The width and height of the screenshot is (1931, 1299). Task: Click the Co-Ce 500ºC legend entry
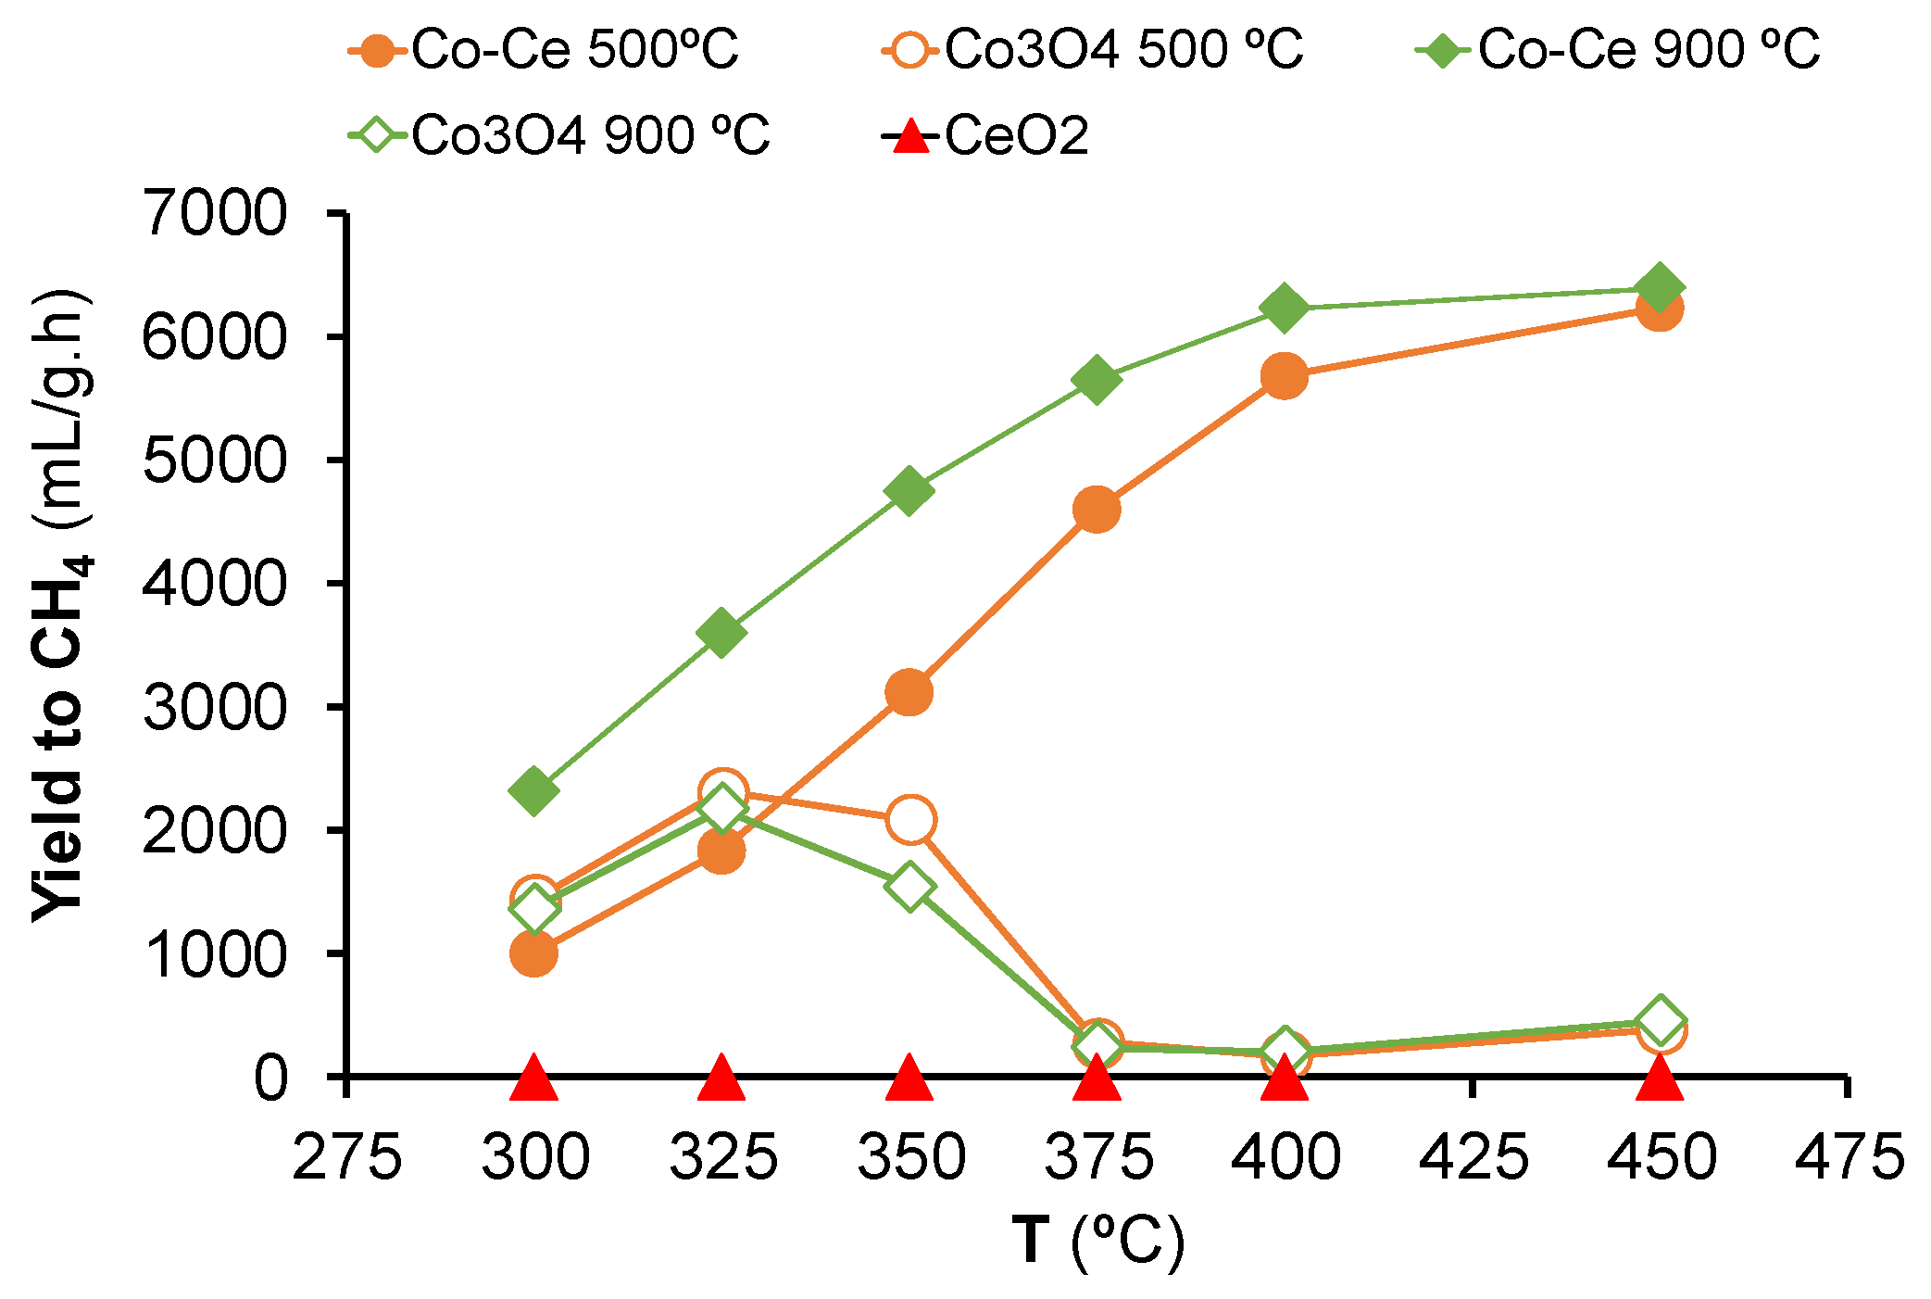pos(546,49)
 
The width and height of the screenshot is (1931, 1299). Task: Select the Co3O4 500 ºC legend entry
pos(1093,49)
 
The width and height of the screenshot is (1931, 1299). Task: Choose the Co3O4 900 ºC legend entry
pos(560,135)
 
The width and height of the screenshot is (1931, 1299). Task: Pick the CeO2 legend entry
pos(986,135)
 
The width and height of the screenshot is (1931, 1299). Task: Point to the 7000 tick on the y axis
pos(215,214)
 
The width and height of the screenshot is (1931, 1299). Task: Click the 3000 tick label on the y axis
pos(215,707)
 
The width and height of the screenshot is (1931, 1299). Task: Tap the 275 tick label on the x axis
pos(346,1157)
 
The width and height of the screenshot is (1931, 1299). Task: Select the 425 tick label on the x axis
pos(1473,1157)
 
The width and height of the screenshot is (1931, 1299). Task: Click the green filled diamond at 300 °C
pos(533,790)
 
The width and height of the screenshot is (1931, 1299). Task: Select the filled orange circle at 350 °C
pos(909,692)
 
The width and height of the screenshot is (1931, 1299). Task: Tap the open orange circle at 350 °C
pos(909,819)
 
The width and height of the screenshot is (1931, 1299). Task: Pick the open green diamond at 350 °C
pos(909,887)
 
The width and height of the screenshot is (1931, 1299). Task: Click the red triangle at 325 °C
pos(721,1078)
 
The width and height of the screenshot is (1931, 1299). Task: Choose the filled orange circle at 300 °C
pos(533,953)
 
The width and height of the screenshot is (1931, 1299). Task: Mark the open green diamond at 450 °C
pos(1659,1020)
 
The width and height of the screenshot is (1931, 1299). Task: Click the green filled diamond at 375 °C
pos(1097,379)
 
